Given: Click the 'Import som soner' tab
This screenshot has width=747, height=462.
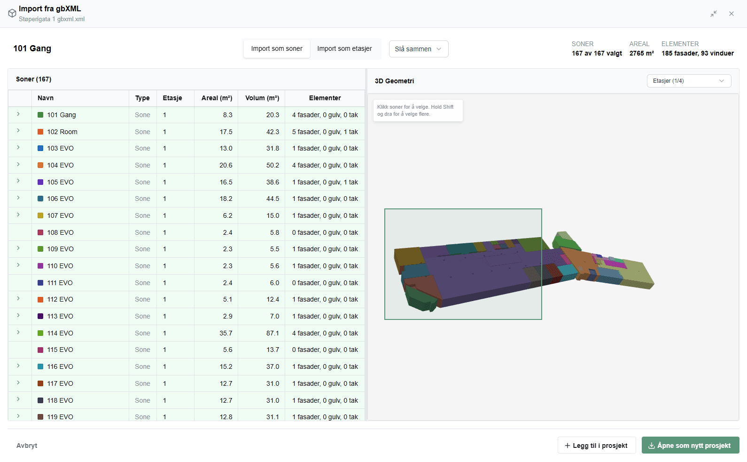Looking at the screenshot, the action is [276, 49].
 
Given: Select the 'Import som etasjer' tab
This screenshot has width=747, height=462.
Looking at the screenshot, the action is [344, 49].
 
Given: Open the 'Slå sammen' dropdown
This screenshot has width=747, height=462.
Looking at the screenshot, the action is [419, 49].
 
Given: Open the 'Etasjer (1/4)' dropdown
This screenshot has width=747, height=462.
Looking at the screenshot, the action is [689, 81].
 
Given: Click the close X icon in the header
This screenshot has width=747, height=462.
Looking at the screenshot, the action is [731, 14].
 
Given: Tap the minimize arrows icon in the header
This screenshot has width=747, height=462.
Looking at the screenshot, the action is [714, 14].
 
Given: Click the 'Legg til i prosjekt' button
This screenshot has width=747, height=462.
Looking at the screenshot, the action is [597, 445].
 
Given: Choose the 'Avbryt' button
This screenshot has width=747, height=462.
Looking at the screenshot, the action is [27, 445].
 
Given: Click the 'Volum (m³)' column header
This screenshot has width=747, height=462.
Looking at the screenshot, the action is [262, 98].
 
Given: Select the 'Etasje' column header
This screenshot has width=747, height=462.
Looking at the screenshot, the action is [172, 98].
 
